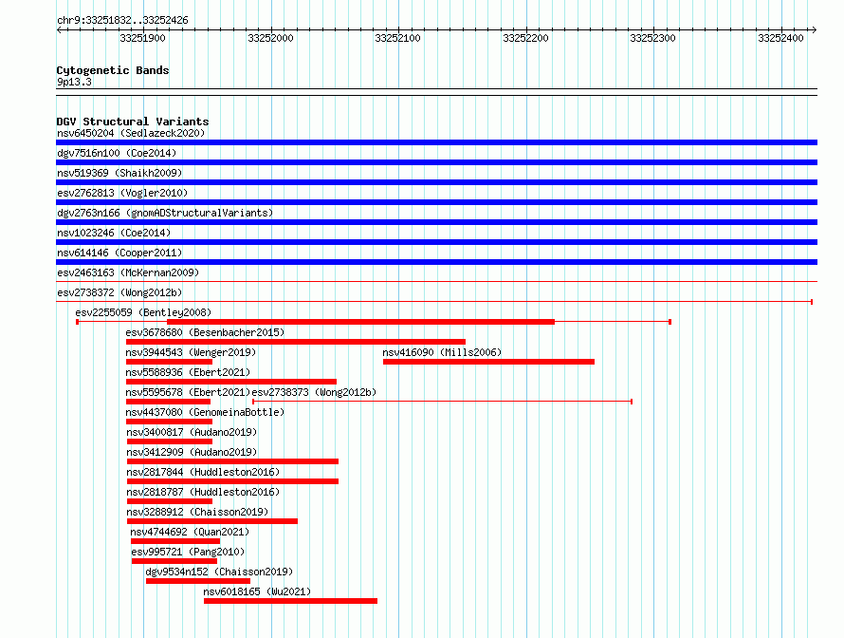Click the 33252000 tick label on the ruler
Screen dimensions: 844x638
tap(270, 38)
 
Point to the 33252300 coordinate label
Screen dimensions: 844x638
tap(652, 38)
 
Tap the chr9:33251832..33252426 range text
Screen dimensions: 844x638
tap(122, 21)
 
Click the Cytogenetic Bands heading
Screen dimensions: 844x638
tap(113, 70)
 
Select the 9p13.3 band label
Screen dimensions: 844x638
tap(74, 82)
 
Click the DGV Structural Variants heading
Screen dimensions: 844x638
tap(133, 122)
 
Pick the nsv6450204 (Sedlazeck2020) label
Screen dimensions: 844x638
tap(131, 133)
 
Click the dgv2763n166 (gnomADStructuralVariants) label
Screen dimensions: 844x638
tap(165, 213)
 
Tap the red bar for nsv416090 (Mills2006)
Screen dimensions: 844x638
tap(488, 362)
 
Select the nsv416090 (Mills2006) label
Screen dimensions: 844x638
tap(442, 352)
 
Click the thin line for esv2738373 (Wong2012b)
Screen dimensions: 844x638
tap(442, 402)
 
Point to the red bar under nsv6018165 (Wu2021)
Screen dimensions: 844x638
tap(291, 601)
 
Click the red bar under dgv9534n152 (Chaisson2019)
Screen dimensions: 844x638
tap(198, 581)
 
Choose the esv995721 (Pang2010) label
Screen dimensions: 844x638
tap(188, 552)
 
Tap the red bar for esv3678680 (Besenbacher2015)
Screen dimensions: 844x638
tap(296, 342)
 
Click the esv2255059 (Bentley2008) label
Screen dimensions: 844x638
tap(143, 312)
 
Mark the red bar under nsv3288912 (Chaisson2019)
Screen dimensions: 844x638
tap(212, 521)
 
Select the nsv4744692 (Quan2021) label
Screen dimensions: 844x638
tap(190, 532)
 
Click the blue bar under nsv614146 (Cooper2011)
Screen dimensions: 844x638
tap(436, 262)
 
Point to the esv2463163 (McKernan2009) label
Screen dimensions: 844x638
tap(128, 272)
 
